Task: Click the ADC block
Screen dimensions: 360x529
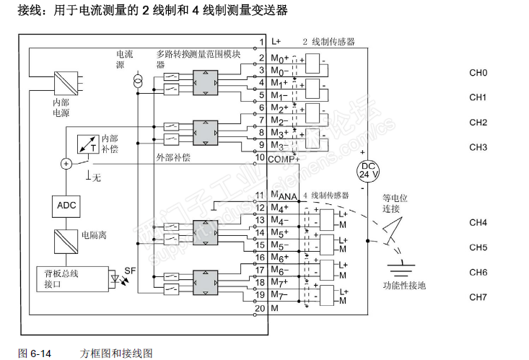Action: (x=66, y=206)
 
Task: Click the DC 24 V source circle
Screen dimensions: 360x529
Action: (x=368, y=170)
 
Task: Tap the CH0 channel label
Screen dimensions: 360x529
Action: (x=478, y=73)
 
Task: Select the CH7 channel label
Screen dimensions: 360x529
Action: (x=478, y=297)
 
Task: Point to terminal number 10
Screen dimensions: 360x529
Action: (x=260, y=157)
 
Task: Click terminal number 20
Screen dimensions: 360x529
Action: (x=260, y=309)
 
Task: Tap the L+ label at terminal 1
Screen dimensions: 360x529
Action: (x=276, y=42)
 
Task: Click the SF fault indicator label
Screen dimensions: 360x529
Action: (x=130, y=271)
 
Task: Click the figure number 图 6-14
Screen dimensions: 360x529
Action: (x=35, y=353)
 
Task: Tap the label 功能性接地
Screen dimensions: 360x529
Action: (x=404, y=285)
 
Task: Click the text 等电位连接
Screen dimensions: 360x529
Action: (x=395, y=202)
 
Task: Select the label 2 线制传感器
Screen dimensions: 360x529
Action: (x=328, y=42)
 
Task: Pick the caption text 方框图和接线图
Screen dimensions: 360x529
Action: (x=117, y=353)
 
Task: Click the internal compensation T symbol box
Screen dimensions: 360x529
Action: (x=89, y=143)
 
